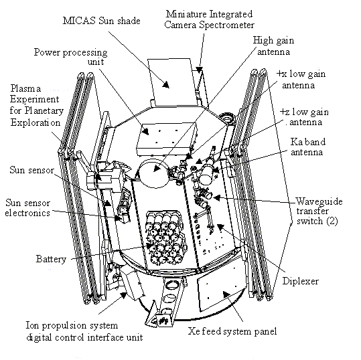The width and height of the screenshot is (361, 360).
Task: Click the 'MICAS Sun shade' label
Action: (x=102, y=21)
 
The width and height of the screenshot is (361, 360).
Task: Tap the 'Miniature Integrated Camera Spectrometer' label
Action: (x=209, y=19)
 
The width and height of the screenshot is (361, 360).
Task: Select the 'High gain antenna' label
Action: (x=273, y=46)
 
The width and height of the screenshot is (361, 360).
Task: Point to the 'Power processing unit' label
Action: (x=71, y=57)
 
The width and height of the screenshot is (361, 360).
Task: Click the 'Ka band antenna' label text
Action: (x=307, y=147)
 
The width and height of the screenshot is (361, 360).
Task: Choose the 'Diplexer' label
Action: (x=301, y=281)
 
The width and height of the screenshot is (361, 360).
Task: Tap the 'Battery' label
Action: (x=51, y=259)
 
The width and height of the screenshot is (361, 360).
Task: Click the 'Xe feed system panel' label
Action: (x=232, y=331)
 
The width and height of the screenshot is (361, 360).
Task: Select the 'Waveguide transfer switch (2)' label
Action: (x=319, y=211)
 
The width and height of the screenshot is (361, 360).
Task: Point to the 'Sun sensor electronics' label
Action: (x=27, y=207)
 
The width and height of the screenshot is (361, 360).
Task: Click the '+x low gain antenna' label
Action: (x=301, y=80)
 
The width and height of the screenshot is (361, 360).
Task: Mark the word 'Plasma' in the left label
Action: (x=25, y=88)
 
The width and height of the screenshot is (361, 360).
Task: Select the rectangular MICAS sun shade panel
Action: (x=173, y=82)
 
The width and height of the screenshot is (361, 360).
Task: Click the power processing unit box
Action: (x=166, y=139)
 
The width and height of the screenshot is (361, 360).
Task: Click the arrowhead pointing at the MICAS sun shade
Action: (x=166, y=84)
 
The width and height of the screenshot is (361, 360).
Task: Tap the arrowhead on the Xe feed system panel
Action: (x=227, y=294)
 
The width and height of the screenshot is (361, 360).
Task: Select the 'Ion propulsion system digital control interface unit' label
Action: (x=84, y=331)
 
